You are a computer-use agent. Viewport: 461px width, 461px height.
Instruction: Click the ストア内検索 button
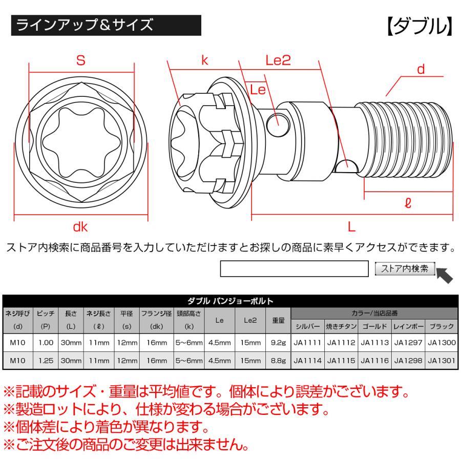point(405,269)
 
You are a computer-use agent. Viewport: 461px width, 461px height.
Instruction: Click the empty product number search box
point(295,269)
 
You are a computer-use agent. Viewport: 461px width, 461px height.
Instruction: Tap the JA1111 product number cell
point(307,343)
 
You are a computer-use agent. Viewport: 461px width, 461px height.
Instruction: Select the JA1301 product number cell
point(442,361)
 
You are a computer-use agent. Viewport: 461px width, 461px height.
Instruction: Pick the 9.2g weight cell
point(279,343)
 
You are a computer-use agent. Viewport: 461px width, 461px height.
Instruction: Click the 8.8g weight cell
point(279,361)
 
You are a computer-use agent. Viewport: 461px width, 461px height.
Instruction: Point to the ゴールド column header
point(375,326)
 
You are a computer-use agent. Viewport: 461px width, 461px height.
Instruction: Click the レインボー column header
point(408,326)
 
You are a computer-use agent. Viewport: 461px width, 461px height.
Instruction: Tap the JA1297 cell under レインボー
point(408,343)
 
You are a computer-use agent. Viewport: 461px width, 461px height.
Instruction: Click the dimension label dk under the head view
point(80,227)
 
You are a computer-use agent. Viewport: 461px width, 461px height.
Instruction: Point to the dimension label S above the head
point(80,60)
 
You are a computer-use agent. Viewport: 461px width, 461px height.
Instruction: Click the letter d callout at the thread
point(421,69)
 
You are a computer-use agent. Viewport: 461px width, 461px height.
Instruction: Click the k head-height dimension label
point(204,60)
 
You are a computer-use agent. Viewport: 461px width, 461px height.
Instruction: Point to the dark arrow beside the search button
point(444,275)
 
